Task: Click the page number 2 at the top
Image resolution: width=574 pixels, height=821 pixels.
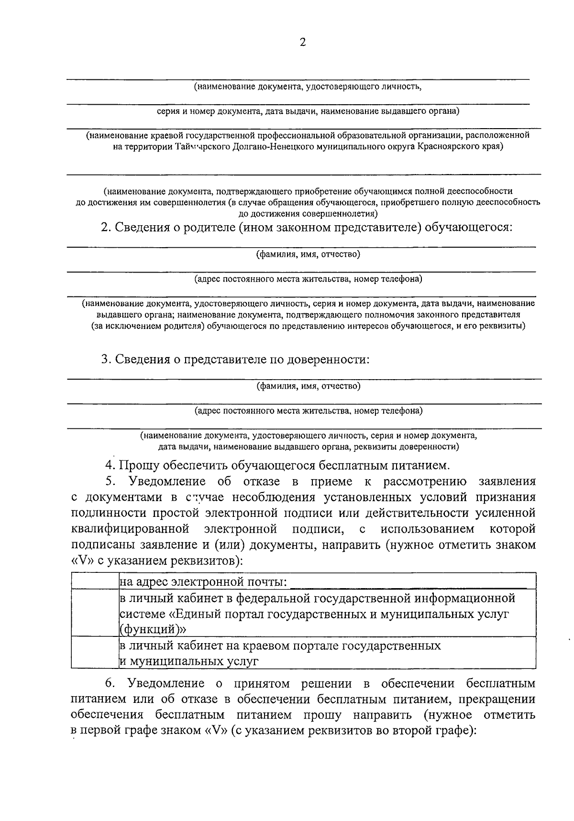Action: pos(302,43)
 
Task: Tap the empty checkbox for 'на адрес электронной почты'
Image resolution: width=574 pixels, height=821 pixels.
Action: pos(95,581)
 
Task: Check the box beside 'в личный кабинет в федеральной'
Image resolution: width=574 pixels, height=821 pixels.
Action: pos(95,613)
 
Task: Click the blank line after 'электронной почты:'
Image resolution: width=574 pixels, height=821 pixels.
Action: pos(409,582)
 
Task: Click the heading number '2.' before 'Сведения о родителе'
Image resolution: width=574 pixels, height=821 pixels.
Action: pos(106,228)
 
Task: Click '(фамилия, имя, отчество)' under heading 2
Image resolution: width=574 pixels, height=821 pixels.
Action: pos(308,254)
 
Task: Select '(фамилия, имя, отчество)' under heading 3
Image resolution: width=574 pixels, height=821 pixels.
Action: pos(308,386)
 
